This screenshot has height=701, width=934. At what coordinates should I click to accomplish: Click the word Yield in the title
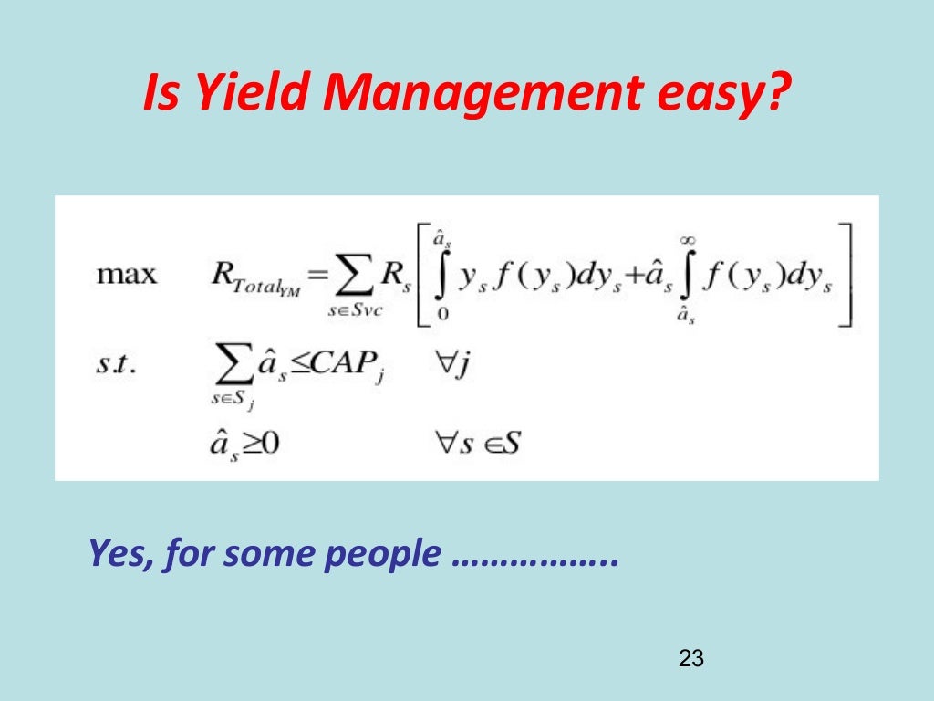[x=239, y=95]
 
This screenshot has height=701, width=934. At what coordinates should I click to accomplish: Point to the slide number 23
[x=692, y=658]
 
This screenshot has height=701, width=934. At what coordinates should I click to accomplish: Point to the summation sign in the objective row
[x=348, y=274]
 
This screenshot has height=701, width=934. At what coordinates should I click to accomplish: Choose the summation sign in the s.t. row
[x=226, y=366]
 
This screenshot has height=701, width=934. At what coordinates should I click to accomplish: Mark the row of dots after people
[x=534, y=559]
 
